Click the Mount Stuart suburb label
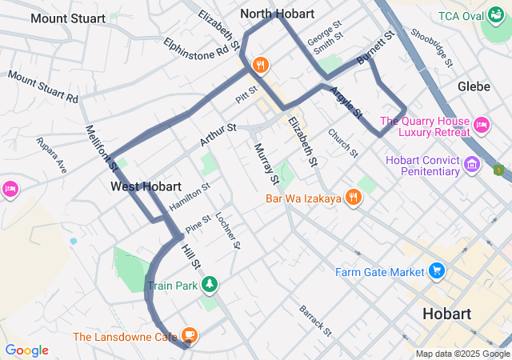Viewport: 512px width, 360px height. coord(67,18)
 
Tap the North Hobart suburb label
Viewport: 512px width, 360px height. coord(278,14)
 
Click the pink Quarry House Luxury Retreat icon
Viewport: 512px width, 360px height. coord(482,124)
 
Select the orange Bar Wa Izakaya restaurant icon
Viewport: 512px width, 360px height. coord(354,198)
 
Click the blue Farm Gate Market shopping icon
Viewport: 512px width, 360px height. coord(436,271)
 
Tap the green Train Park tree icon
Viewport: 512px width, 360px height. coord(209,284)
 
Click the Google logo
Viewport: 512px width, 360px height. coord(26,350)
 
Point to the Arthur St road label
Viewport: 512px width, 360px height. coord(218,133)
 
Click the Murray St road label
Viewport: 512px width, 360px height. coord(266,163)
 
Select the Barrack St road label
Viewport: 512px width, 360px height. coord(315,318)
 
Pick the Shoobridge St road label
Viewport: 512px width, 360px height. coord(430,49)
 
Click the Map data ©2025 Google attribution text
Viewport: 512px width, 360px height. coord(462,354)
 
